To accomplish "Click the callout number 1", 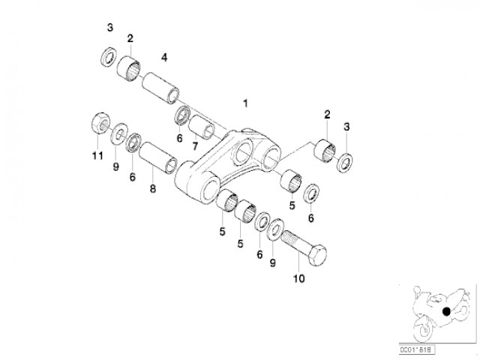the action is point(245,103).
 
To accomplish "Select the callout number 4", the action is point(164,57).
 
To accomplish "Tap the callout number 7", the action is point(195,146).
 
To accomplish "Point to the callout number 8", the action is point(153,188).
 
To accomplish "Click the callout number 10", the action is point(299,278).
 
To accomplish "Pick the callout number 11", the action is point(97,156).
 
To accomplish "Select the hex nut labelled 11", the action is point(100,123).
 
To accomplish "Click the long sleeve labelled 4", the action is point(160,88).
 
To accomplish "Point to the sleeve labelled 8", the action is point(158,157).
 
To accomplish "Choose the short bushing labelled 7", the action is point(202,127).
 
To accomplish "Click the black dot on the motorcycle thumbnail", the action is point(446,312).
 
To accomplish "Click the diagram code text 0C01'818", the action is point(417,349).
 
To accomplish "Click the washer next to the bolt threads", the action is point(276,229).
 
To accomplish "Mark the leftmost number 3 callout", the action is point(110,28).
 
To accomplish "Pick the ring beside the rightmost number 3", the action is point(345,162).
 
